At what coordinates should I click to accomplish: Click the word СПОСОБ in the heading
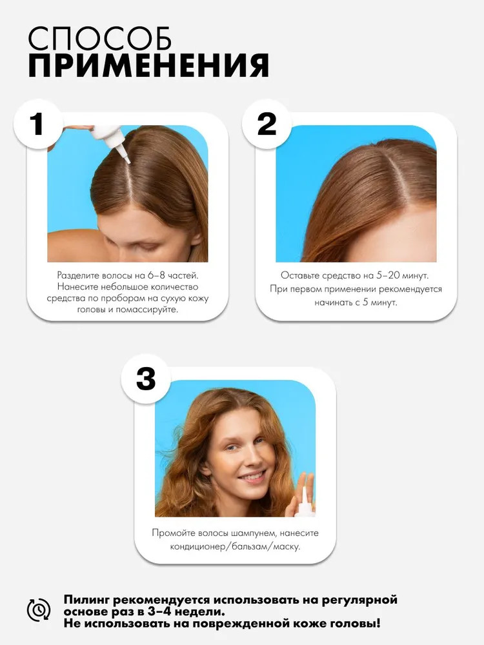(99, 39)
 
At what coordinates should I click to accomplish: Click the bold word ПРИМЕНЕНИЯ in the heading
(148, 65)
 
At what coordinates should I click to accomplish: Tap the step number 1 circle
(38, 123)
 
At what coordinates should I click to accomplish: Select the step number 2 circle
(267, 123)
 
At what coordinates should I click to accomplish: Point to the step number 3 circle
(146, 379)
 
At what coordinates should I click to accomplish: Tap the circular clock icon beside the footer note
(39, 610)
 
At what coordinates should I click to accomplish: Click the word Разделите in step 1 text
(77, 275)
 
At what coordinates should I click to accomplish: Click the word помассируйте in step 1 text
(147, 310)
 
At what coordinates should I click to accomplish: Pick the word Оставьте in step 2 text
(299, 275)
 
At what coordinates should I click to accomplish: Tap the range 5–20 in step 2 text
(388, 275)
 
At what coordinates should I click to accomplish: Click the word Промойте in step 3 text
(173, 533)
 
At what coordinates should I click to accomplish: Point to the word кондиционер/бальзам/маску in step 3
(235, 547)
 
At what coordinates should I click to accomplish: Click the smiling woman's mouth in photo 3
(253, 477)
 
